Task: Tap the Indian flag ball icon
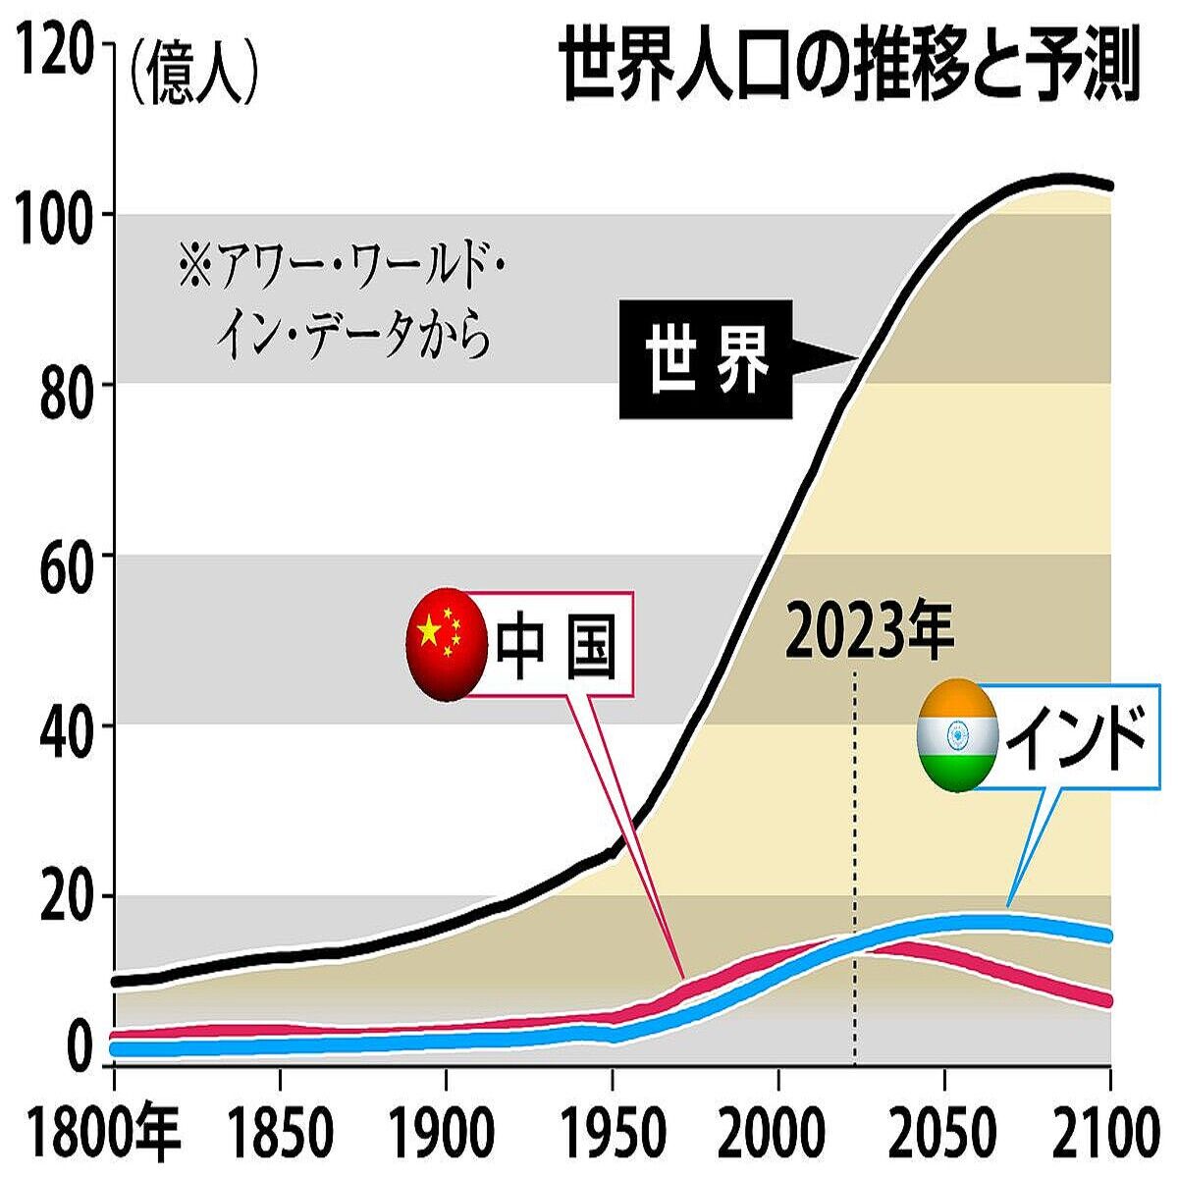[957, 734]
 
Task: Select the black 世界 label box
[705, 359]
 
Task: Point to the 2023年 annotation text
[870, 633]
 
